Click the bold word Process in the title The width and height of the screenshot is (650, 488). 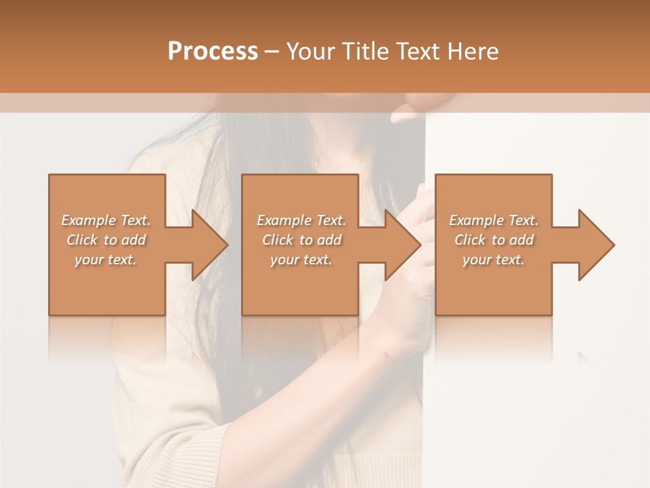click(x=213, y=52)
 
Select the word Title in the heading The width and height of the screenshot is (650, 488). click(x=364, y=52)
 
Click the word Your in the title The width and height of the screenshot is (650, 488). click(x=311, y=52)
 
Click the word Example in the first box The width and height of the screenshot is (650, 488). click(x=89, y=220)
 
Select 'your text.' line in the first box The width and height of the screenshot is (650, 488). click(x=106, y=260)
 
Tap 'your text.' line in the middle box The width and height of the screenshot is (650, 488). click(x=301, y=260)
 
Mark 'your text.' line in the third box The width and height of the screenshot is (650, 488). click(x=494, y=260)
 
